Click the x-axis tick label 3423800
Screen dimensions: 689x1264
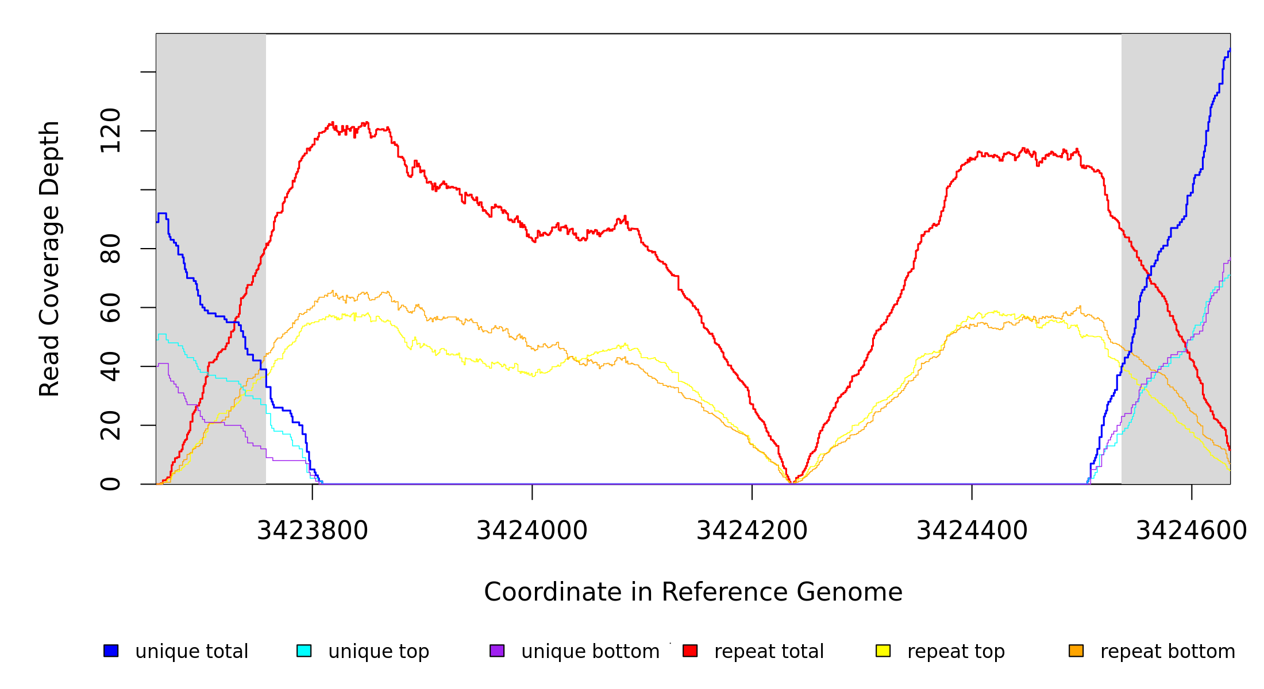[x=312, y=531]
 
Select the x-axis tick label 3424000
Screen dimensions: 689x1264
[x=532, y=531]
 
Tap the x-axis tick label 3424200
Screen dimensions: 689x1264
[x=752, y=531]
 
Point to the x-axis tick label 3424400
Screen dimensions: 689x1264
[x=972, y=531]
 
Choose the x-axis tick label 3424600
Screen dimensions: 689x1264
[x=1191, y=531]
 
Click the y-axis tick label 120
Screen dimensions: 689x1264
[x=110, y=130]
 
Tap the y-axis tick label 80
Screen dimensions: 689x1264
[x=110, y=249]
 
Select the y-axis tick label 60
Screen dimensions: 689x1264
[x=110, y=307]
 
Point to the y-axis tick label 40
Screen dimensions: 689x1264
[x=110, y=366]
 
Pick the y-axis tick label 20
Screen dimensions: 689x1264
[x=110, y=425]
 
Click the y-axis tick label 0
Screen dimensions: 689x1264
[x=110, y=484]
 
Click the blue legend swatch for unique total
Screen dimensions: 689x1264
[x=111, y=651]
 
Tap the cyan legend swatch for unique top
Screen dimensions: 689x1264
[x=304, y=651]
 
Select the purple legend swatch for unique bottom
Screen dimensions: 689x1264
[x=497, y=651]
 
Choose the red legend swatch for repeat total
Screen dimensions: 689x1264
[x=690, y=651]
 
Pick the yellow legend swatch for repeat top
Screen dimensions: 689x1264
[x=883, y=651]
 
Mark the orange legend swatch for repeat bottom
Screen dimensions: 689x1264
[x=1076, y=651]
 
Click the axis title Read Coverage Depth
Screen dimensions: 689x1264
[x=49, y=258]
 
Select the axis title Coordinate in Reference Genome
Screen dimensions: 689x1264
[x=693, y=592]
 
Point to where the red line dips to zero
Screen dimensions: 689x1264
[x=792, y=482]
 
